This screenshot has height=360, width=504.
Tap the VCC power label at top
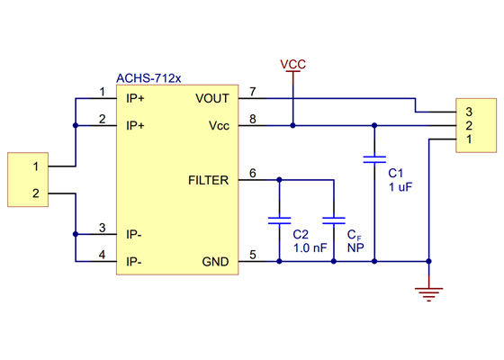tap(292, 65)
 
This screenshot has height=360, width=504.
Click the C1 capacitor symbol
tap(373, 159)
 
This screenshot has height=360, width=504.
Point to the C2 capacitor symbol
tap(280, 219)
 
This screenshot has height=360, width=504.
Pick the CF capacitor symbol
tap(334, 219)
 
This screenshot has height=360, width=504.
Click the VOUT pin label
tap(211, 98)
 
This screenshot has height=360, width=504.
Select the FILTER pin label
tap(208, 180)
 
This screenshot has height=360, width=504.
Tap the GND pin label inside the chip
tap(215, 262)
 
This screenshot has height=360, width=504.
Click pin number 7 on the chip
tap(253, 92)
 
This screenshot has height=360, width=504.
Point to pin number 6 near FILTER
tap(253, 174)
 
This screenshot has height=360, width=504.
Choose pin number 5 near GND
tap(253, 256)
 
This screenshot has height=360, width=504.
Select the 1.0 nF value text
tap(310, 247)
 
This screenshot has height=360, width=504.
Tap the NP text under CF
tap(355, 247)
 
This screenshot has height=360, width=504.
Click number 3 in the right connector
tap(468, 112)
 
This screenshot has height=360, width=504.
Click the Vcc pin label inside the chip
tap(219, 126)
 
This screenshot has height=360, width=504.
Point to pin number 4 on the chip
tap(102, 256)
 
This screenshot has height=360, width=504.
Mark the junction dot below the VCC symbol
tap(292, 126)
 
